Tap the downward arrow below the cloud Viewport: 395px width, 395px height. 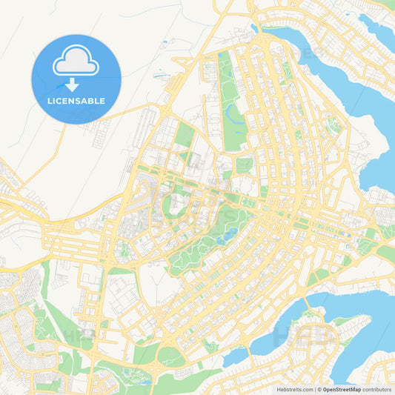(76, 83)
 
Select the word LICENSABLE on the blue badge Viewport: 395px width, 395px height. (76, 101)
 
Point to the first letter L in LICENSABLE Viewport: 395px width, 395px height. (49, 101)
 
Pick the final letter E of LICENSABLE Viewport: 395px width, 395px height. (102, 101)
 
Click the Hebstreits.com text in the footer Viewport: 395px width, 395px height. (293, 388)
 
